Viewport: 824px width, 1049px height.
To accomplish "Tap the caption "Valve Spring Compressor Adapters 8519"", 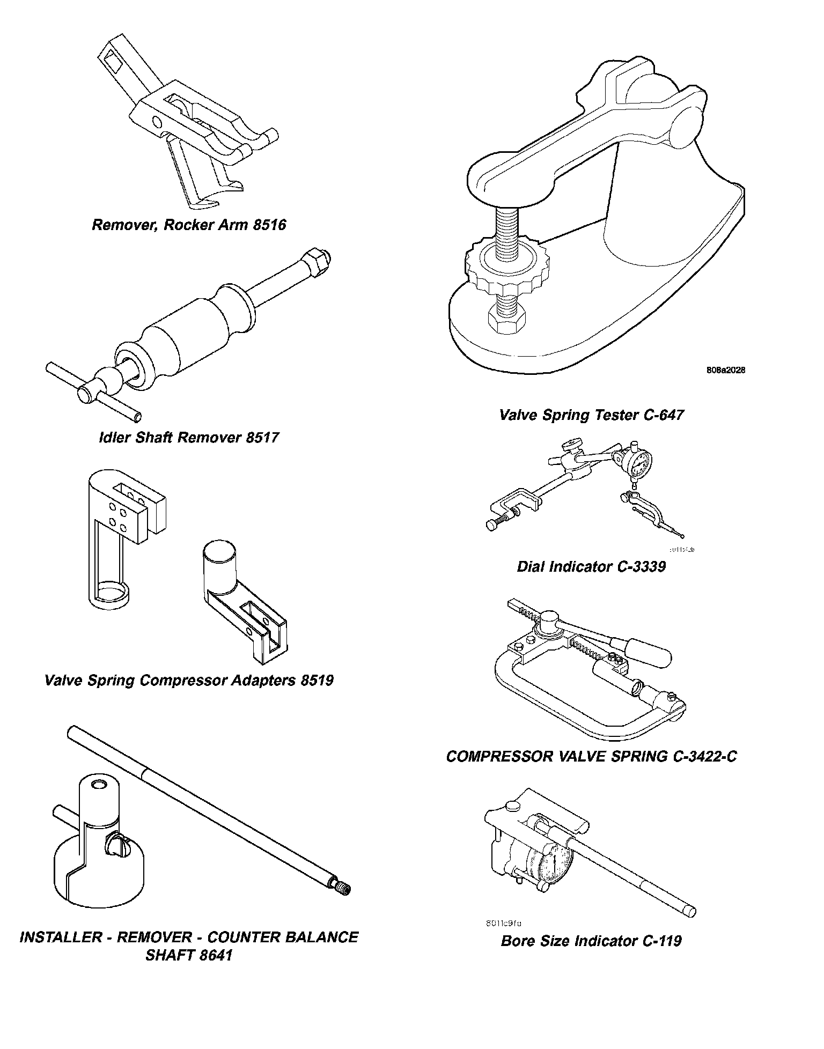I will pyautogui.click(x=189, y=680).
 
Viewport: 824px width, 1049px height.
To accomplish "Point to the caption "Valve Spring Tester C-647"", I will pyautogui.click(x=591, y=415).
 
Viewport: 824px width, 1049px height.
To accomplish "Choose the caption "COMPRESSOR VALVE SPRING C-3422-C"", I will pyautogui.click(x=591, y=756).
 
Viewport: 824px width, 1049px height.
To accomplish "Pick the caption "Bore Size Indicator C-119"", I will pyautogui.click(x=591, y=941).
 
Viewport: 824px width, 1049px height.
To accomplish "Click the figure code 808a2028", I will pyautogui.click(x=725, y=370).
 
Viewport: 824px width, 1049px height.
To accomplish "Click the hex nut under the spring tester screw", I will pyautogui.click(x=507, y=321).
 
